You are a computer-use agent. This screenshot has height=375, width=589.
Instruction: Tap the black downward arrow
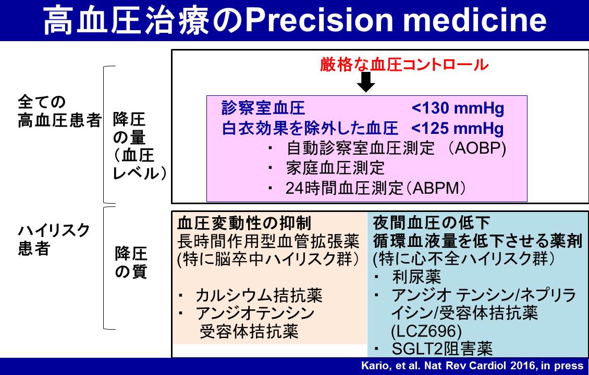[366, 82]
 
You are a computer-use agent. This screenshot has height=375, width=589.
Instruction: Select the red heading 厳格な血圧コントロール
[404, 64]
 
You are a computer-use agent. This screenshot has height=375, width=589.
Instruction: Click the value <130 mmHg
[458, 108]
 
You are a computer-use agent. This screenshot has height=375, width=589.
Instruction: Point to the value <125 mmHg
[458, 129]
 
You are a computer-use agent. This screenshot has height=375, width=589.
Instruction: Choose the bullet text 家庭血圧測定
[335, 168]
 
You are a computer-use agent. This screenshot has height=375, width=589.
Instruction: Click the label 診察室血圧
[263, 108]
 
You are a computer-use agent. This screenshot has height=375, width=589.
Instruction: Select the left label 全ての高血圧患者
[59, 111]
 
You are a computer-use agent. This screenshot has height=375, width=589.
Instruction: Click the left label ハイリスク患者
[54, 240]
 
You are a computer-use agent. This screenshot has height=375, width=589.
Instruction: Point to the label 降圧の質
[131, 263]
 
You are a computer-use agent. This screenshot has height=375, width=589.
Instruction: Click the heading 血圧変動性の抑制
[244, 223]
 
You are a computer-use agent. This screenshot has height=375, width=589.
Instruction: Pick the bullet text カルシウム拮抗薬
[259, 296]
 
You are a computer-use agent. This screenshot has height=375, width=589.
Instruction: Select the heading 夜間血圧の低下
[431, 223]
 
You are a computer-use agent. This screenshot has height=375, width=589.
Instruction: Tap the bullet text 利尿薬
[416, 278]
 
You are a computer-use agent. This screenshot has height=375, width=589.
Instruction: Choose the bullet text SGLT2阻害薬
[442, 349]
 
